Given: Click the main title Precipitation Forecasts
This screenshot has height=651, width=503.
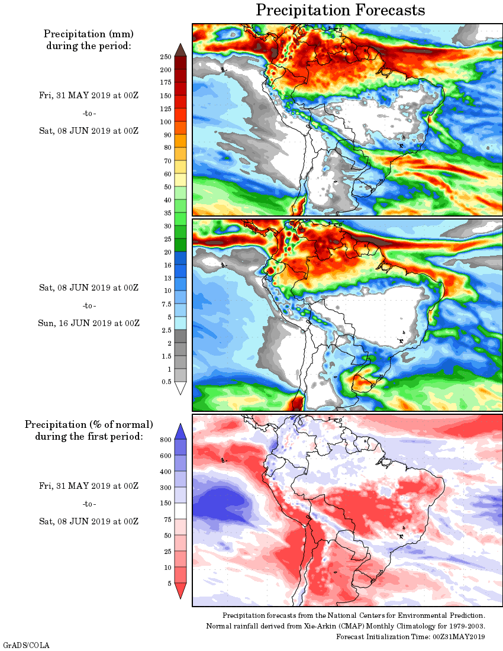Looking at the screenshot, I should pos(340,10).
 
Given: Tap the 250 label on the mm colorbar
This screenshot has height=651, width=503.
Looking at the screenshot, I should pos(166,57).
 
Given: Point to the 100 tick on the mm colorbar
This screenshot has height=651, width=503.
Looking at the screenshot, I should pos(166,122).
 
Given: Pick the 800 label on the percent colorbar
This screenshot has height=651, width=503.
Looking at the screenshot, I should pos(165,440).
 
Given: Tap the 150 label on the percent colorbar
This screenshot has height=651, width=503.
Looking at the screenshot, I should pos(165,504).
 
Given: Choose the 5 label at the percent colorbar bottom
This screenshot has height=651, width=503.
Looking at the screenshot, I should pos(169,584).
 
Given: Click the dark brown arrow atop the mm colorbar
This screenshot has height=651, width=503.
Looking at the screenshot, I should pos(180,50).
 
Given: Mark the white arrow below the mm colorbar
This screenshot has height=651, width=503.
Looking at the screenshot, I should pos(180,388).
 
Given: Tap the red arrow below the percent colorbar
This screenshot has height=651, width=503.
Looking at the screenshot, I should pos(181,591).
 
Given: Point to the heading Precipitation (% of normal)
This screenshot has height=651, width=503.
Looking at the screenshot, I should pos(89,425).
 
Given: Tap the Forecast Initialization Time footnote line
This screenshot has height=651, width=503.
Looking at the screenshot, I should pos(411,637).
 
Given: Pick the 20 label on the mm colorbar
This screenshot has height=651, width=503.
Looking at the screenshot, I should pos(167,252).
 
